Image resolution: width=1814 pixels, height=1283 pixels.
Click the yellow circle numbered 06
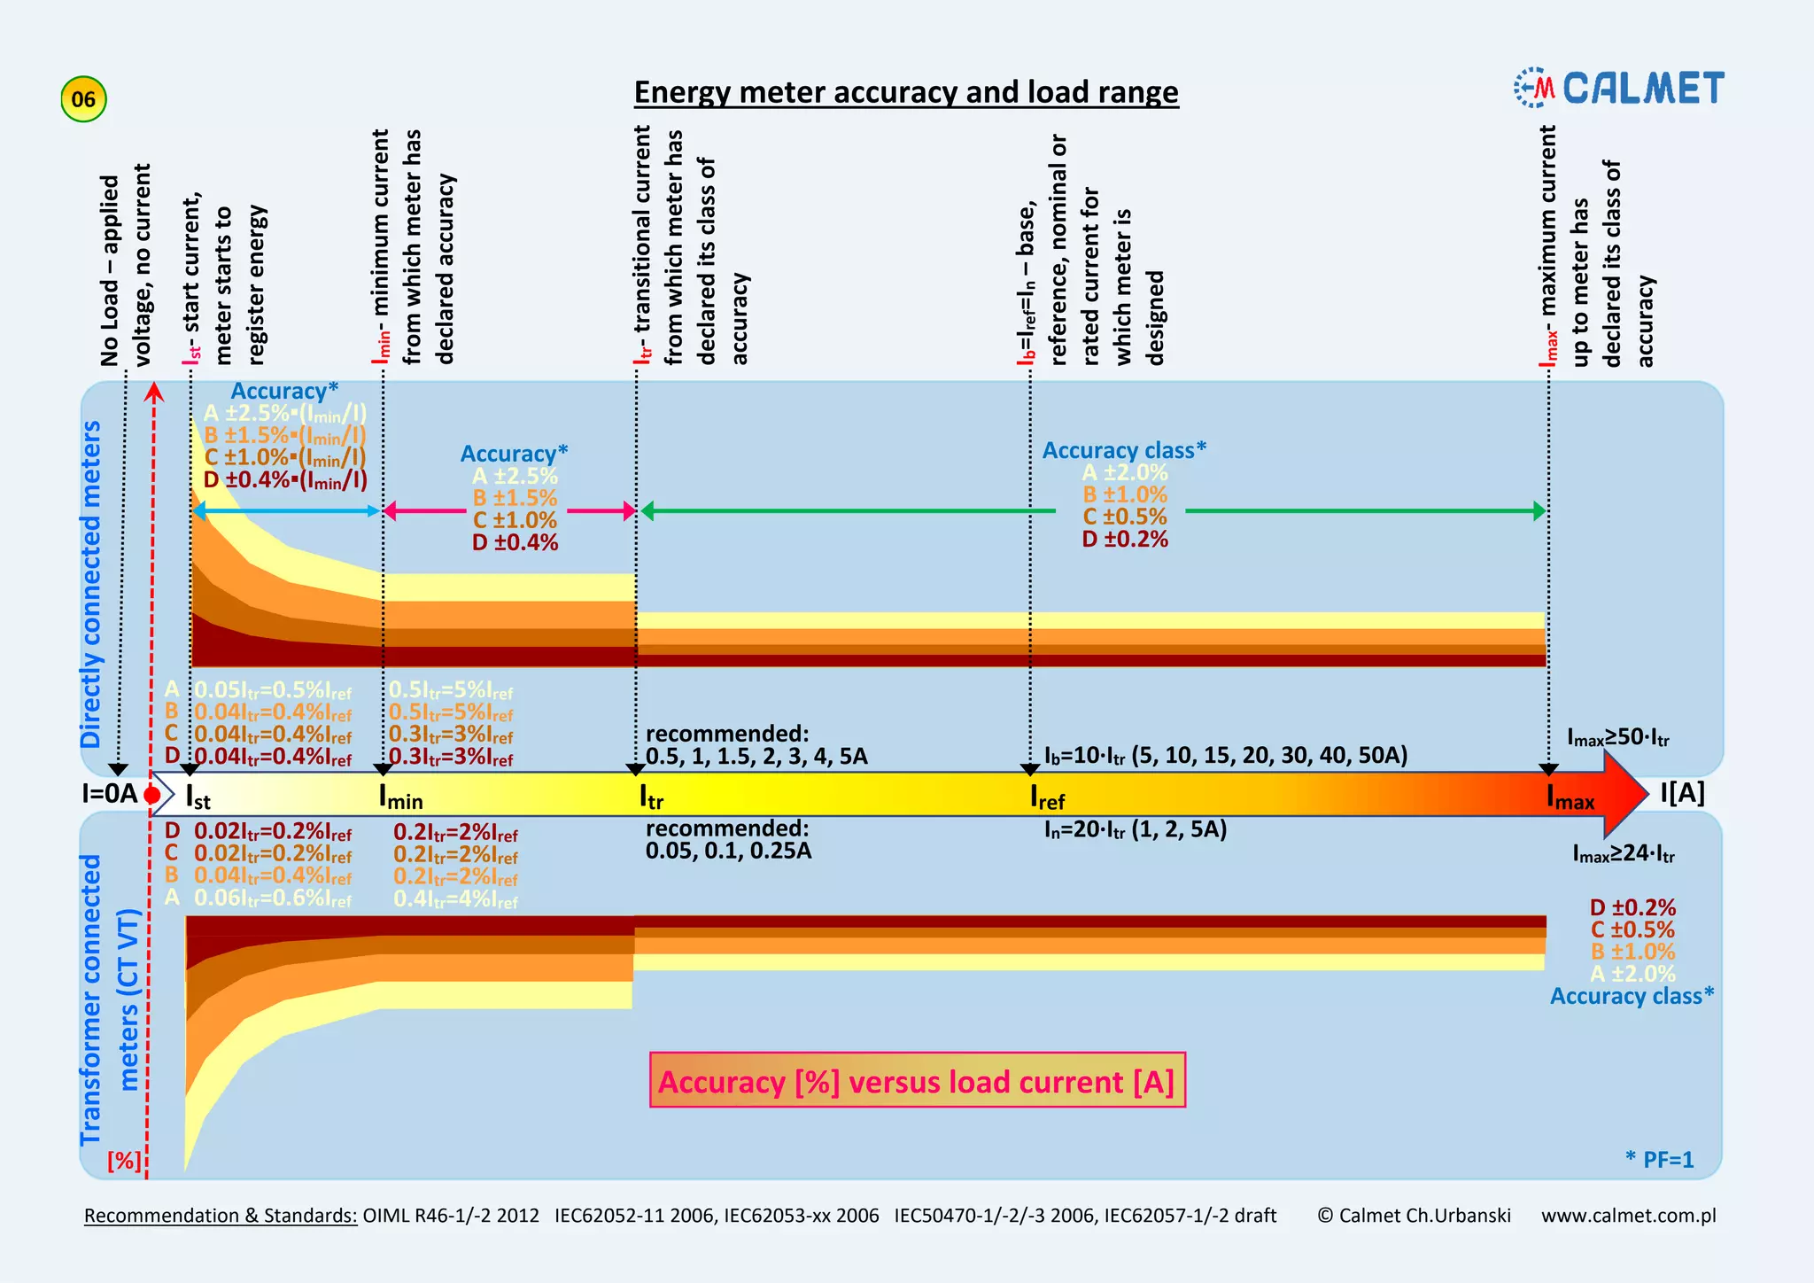(83, 99)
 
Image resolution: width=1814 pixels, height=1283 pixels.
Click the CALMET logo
(1619, 89)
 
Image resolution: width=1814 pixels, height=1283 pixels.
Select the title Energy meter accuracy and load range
(906, 92)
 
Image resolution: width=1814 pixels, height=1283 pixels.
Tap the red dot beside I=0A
(152, 795)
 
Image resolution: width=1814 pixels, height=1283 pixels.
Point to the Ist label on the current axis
(198, 797)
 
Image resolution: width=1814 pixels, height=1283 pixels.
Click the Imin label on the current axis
(400, 797)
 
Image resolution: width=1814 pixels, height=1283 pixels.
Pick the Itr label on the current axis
(651, 797)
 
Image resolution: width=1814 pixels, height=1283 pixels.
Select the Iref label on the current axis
(1047, 797)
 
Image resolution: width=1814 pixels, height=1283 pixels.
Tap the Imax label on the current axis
(1570, 797)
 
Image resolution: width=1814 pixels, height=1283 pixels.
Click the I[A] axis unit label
(1682, 793)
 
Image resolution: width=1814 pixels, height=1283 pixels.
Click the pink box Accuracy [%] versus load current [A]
(917, 1080)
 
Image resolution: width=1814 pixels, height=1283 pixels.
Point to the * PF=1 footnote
(1659, 1160)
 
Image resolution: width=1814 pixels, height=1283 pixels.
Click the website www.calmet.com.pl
(1628, 1216)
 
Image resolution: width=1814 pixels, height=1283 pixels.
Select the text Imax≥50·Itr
(1617, 737)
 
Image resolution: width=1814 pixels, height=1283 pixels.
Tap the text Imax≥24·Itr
(1623, 853)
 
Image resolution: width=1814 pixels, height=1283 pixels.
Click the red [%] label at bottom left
(124, 1161)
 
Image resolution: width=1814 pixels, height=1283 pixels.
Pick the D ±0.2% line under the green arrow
(1125, 540)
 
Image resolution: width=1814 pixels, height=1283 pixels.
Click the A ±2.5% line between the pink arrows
(515, 477)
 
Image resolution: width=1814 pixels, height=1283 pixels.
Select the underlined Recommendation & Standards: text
(221, 1216)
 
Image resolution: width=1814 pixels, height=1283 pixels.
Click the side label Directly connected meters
(91, 585)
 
